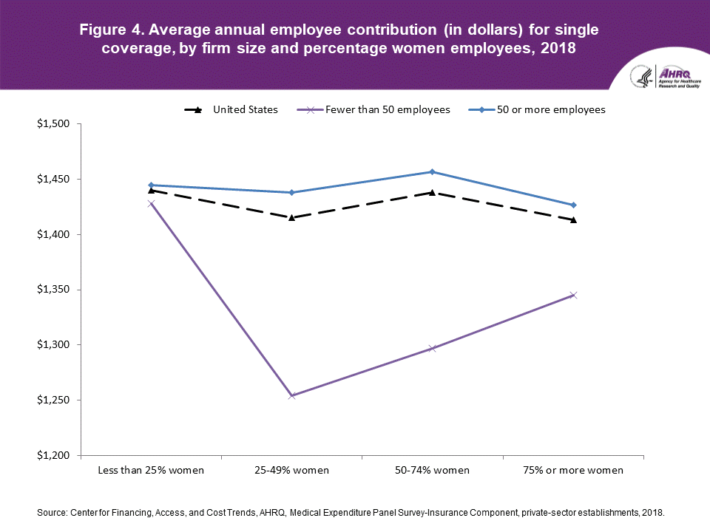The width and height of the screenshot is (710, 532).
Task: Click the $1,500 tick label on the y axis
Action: click(x=53, y=124)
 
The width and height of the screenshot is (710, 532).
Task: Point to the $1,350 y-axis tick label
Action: click(x=53, y=290)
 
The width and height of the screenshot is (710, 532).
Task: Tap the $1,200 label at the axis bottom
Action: click(x=53, y=455)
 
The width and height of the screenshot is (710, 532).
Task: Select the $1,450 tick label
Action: click(x=53, y=180)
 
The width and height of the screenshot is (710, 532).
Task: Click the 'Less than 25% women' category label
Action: click(x=151, y=470)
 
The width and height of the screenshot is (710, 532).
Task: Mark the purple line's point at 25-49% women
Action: click(x=291, y=395)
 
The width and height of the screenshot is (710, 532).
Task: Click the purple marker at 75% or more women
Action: click(x=573, y=295)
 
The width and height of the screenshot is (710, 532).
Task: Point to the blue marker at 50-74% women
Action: click(x=432, y=171)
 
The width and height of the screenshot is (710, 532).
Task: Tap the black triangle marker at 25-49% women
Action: click(x=291, y=217)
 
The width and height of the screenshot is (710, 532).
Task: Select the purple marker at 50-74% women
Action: click(x=432, y=348)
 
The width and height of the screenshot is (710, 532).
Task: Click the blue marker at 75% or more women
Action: click(x=573, y=205)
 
